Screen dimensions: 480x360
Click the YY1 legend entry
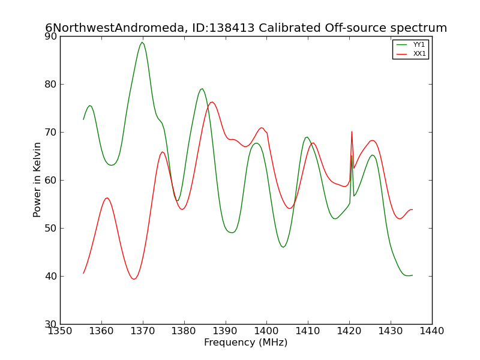coord(410,44)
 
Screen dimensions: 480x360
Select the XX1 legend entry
coord(410,53)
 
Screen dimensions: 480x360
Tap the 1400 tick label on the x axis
coord(266,331)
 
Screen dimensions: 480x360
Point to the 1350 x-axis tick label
coord(61,331)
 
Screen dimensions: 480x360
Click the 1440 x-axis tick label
coord(432,331)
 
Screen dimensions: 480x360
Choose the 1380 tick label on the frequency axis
coord(184,331)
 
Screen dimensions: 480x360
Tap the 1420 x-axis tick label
coord(349,331)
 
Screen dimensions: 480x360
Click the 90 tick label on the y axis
coord(51,36)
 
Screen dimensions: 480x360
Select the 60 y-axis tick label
coord(51,181)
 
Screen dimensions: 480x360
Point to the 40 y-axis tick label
coord(51,276)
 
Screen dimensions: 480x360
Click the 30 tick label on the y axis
coord(51,324)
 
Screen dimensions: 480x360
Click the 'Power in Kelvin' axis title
coord(37,180)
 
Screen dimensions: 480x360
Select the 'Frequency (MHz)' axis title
coord(246,342)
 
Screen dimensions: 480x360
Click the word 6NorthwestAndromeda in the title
coord(115,28)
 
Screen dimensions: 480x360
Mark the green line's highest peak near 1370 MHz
coord(142,43)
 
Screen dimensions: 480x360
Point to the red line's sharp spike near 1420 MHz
coord(352,131)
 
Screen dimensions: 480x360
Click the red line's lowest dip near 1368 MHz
coord(134,279)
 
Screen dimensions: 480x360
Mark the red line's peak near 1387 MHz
coord(212,102)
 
